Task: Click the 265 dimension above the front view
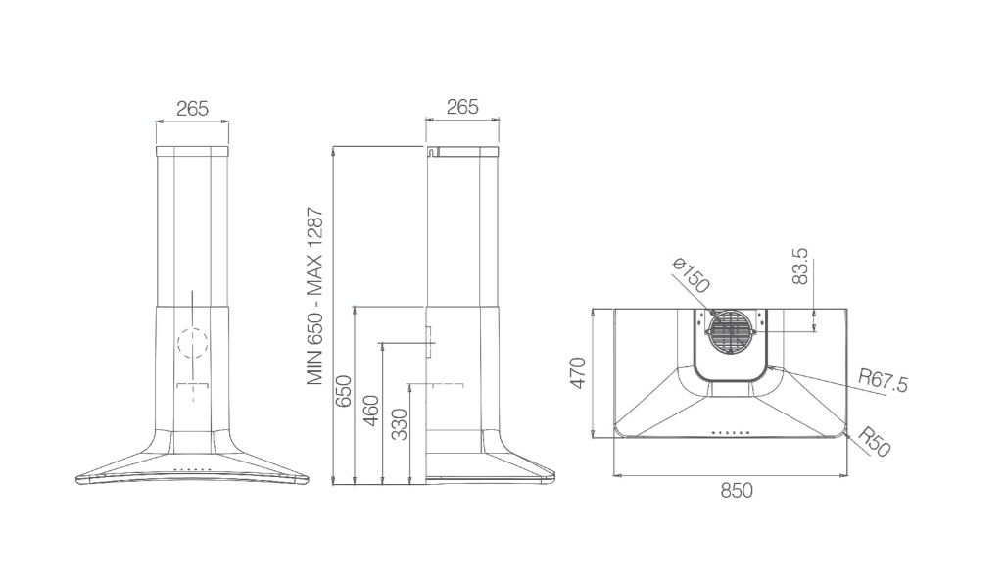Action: pyautogui.click(x=192, y=108)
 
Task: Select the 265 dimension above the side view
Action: pyautogui.click(x=462, y=107)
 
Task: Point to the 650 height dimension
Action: pyautogui.click(x=344, y=391)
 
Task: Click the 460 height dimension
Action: pyautogui.click(x=371, y=412)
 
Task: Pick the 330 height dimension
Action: pyautogui.click(x=399, y=423)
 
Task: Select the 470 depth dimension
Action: pyautogui.click(x=578, y=372)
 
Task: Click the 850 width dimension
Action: pyautogui.click(x=736, y=491)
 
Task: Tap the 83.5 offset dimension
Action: pyautogui.click(x=800, y=267)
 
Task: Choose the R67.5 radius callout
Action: pyautogui.click(x=884, y=381)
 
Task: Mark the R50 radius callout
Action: pyautogui.click(x=874, y=442)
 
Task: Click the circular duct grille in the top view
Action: pyautogui.click(x=732, y=332)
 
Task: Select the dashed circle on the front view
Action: pyautogui.click(x=192, y=343)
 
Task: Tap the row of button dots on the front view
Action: pyautogui.click(x=192, y=470)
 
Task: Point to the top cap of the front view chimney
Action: pyautogui.click(x=192, y=152)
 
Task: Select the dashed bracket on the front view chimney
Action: pyautogui.click(x=192, y=387)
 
